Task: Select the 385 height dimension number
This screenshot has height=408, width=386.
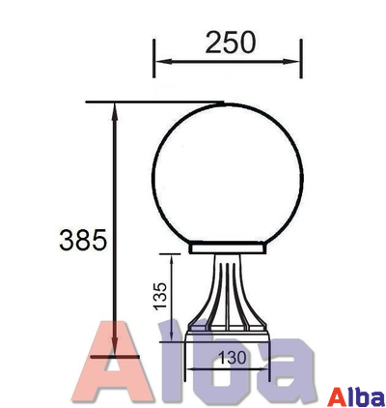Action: [82, 239]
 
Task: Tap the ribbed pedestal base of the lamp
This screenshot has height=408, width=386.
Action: [229, 300]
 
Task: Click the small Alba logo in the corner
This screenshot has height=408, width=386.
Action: [356, 396]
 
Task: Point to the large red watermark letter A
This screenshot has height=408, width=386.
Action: [121, 363]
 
